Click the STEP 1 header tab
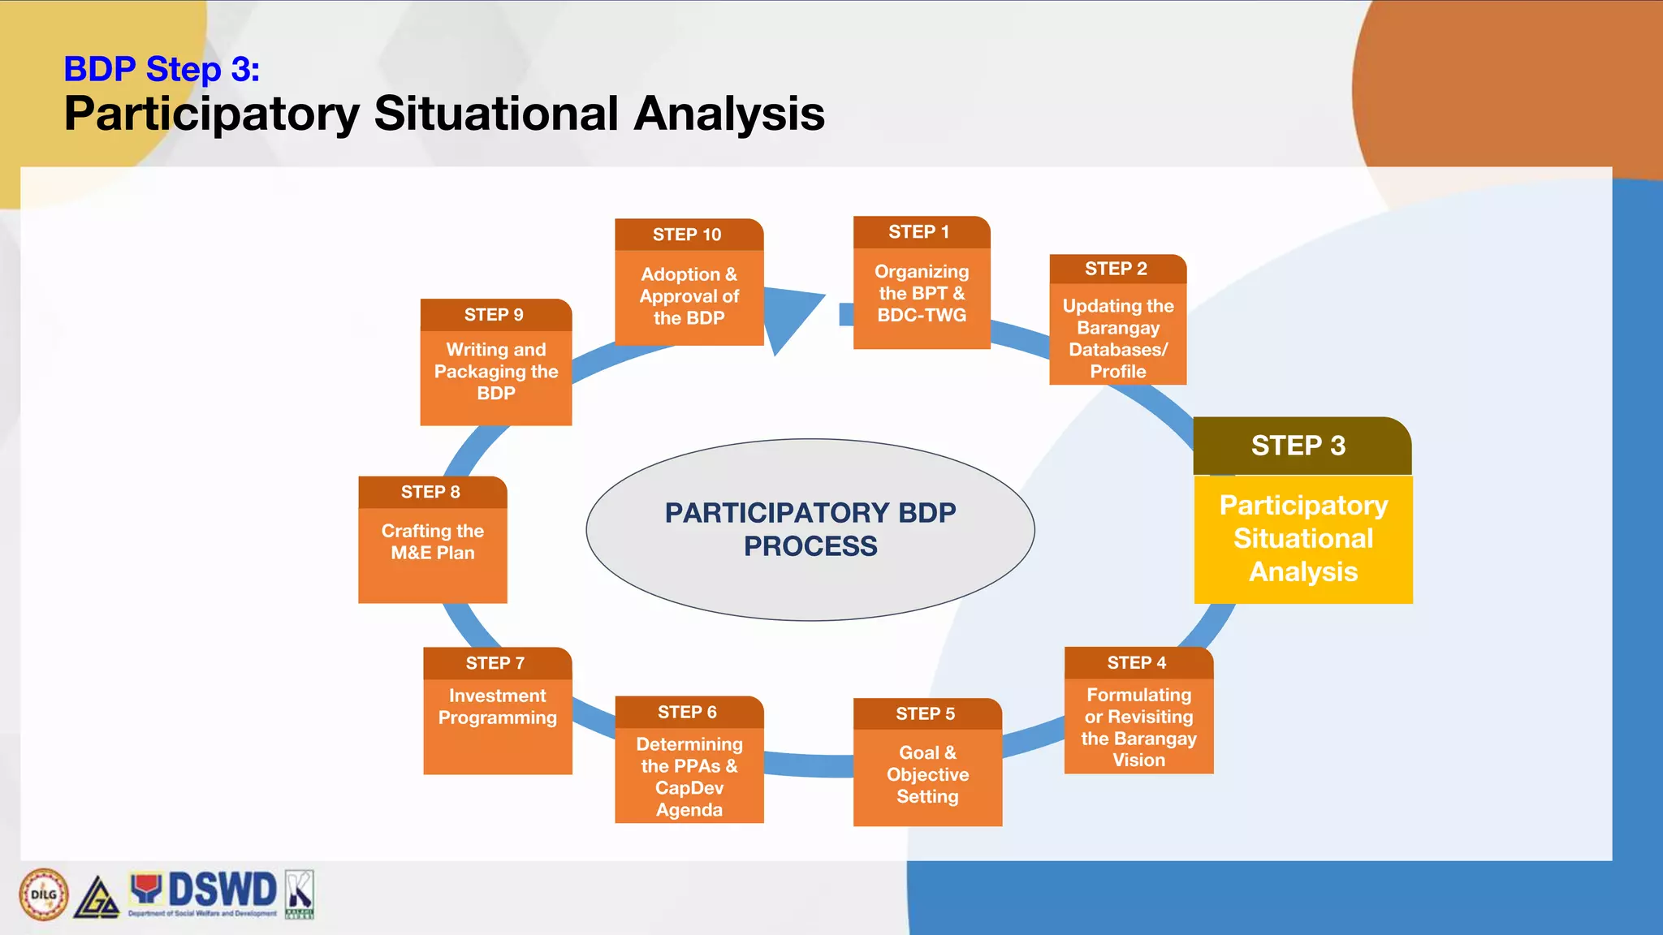coord(920,232)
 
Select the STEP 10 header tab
coord(688,235)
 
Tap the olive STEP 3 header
coord(1299,446)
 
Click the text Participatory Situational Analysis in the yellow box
coord(1303,538)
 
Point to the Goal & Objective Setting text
coord(927,774)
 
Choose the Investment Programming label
coord(498,707)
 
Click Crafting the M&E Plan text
coord(433,541)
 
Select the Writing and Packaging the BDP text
coord(496,371)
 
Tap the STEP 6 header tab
coord(688,713)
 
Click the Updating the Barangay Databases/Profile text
coord(1118,338)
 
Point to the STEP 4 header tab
coord(1137,663)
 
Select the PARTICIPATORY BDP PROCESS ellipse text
coord(810,529)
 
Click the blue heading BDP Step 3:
coord(162,69)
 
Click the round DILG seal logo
coord(44,894)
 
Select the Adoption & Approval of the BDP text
coord(689,296)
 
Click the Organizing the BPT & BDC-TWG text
coord(922,294)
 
